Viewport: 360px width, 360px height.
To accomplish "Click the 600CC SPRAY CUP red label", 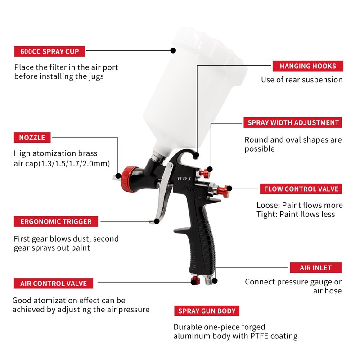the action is (x=49, y=51).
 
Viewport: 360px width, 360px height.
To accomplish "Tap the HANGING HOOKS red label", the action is (x=308, y=66).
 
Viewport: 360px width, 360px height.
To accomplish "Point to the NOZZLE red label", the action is (x=32, y=137).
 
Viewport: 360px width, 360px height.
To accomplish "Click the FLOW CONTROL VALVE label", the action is (x=301, y=189).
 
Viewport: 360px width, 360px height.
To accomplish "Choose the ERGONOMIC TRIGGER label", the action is (x=56, y=221).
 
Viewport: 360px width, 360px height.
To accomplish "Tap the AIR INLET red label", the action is (x=315, y=268).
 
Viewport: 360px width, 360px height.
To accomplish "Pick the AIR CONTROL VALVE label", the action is (x=54, y=283).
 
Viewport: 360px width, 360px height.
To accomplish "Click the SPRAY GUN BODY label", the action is (x=207, y=311).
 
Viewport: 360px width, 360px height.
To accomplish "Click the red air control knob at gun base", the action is (x=196, y=281).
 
